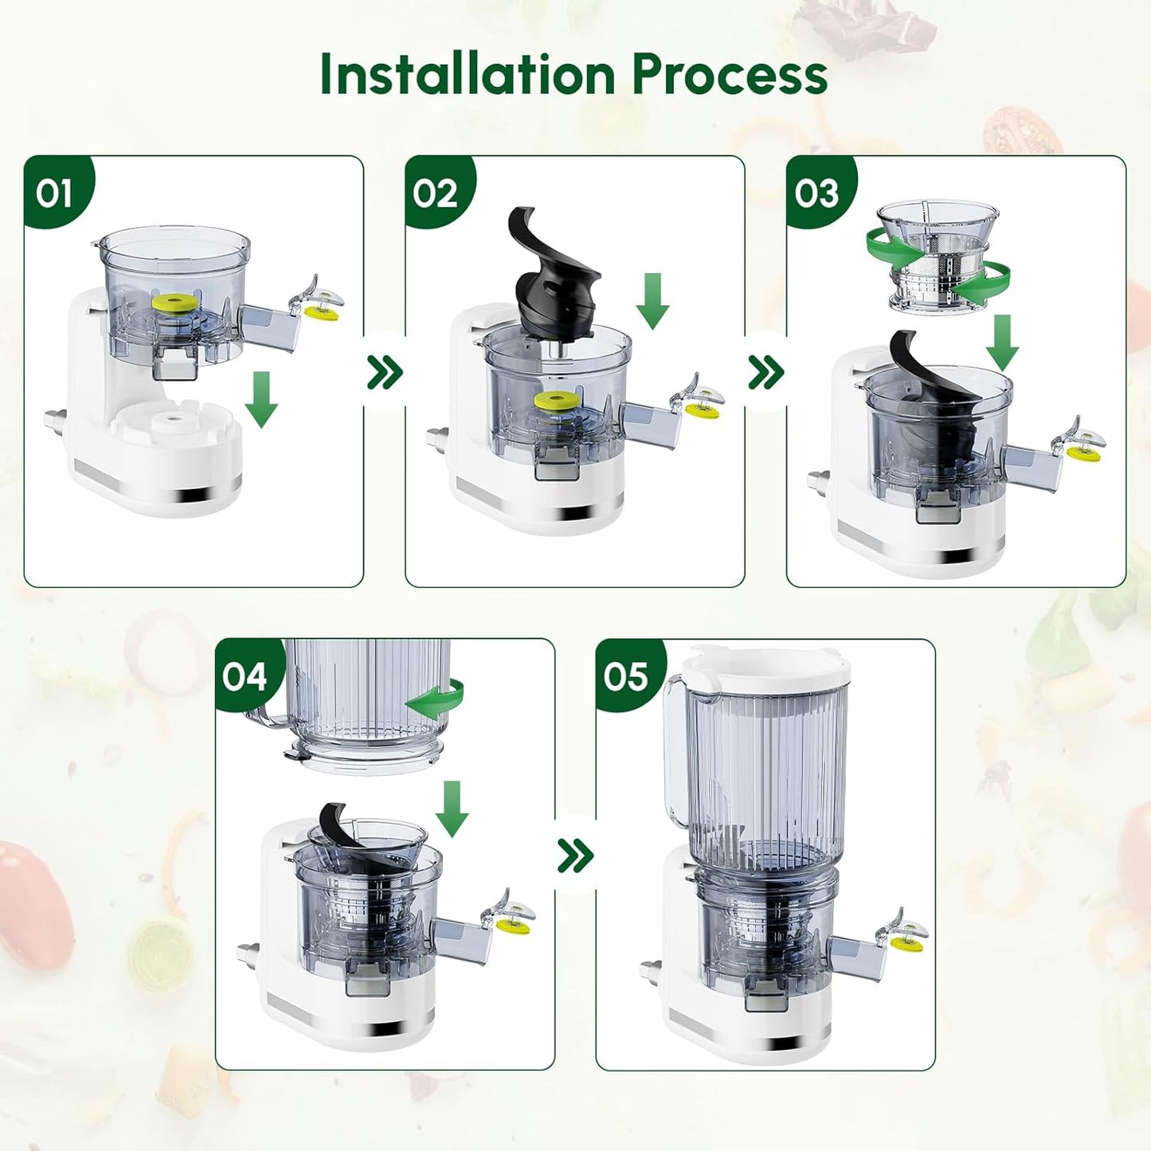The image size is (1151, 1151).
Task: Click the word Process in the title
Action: (x=729, y=74)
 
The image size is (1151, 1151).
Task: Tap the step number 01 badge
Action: (x=54, y=194)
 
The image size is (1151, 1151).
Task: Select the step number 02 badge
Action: (x=435, y=194)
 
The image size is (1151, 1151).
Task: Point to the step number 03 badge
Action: (x=816, y=194)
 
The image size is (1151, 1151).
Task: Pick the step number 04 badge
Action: (x=245, y=676)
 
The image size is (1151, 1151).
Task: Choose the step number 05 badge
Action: (x=625, y=676)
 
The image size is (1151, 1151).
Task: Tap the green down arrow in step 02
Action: (x=652, y=301)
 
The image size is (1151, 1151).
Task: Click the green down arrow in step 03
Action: (x=1002, y=343)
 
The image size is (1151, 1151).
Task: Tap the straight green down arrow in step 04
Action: (x=452, y=808)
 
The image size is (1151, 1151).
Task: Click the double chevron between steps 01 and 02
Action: (x=385, y=372)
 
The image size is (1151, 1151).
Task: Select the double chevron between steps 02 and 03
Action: (x=765, y=372)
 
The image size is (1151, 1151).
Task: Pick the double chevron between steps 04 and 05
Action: (x=575, y=855)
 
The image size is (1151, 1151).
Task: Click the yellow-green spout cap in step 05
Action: (x=903, y=945)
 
